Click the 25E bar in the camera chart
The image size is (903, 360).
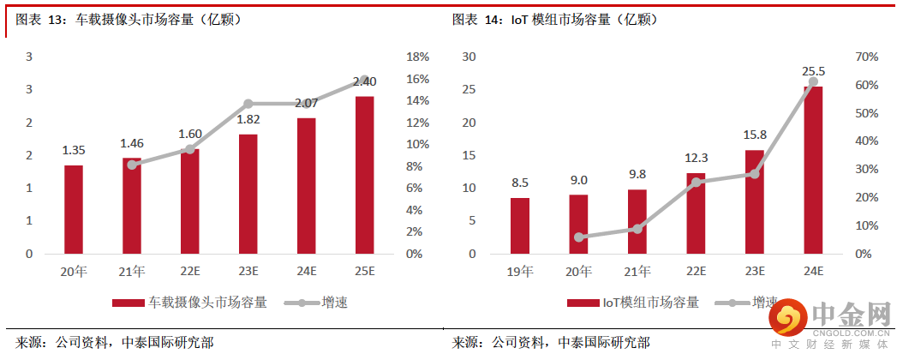tap(365, 175)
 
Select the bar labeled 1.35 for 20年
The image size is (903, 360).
tap(74, 209)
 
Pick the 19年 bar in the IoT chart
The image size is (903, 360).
tap(520, 225)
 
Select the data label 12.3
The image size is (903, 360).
tap(696, 158)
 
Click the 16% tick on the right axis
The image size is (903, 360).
tap(417, 79)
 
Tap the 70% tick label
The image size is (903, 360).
tap(866, 57)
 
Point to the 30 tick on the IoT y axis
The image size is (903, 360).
tap(469, 57)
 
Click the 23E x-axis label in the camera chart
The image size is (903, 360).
tap(248, 272)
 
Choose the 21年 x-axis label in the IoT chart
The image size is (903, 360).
tap(637, 272)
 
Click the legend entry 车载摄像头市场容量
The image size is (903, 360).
tap(188, 303)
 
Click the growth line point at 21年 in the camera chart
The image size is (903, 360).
tap(132, 165)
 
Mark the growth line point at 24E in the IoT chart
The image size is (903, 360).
tap(812, 81)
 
